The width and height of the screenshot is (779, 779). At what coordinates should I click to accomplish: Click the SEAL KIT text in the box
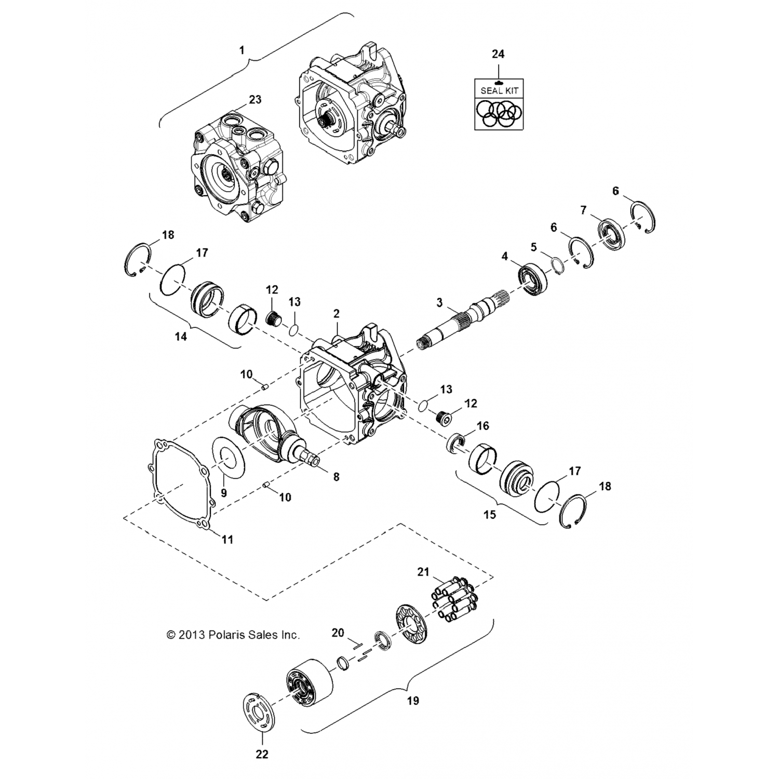point(499,90)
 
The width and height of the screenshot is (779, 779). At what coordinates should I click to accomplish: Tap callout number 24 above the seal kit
point(498,54)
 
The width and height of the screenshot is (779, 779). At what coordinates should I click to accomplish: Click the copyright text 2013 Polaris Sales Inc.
point(233,635)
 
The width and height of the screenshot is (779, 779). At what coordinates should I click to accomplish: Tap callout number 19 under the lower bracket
point(412,701)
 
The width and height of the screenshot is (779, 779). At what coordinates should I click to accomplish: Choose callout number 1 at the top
point(241,50)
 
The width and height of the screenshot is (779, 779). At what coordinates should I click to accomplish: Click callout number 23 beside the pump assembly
point(255,99)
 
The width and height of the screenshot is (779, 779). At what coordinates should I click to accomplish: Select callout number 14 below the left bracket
point(180,337)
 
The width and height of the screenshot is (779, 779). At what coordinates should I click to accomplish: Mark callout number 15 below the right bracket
point(489,515)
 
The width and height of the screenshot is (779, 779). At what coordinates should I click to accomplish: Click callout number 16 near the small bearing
point(483,426)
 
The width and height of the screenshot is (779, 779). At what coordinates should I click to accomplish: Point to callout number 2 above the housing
point(337,313)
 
